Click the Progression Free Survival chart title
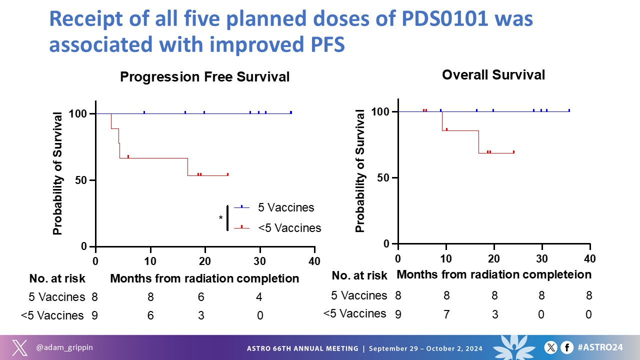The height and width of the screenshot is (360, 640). tap(205, 77)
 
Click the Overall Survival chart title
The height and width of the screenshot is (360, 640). tap(493, 75)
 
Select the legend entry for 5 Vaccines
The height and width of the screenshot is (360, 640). tap(286, 207)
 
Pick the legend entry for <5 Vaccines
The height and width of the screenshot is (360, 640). tap(289, 228)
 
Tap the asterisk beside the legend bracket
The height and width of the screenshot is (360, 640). tap(220, 218)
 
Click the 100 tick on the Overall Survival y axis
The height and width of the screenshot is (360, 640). tap(383, 111)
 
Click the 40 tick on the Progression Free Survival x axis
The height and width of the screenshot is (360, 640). tap(314, 260)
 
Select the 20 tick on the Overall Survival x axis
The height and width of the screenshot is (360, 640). tap(494, 258)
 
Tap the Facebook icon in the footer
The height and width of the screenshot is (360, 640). tap(567, 347)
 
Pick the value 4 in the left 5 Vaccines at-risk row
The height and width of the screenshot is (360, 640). tap(259, 297)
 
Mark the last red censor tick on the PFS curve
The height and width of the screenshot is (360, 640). tap(227, 174)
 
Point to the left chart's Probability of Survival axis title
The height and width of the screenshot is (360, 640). tap(58, 174)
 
